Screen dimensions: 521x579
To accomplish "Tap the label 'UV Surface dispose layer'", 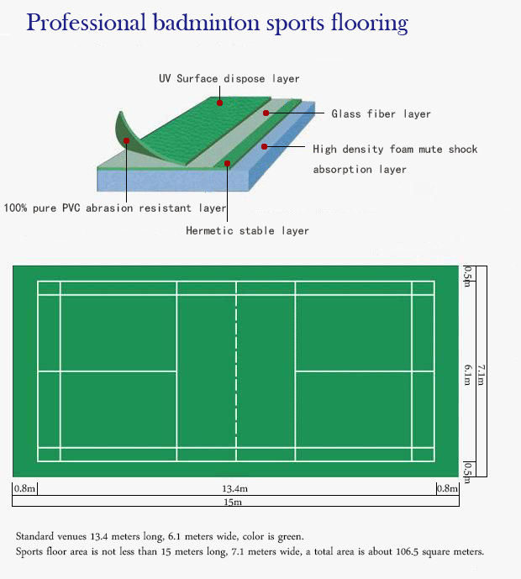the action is point(229,79).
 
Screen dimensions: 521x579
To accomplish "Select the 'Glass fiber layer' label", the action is point(381,113).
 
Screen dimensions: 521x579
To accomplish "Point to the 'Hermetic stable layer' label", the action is point(247,230).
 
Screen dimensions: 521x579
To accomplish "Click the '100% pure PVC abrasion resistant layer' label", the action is point(115,208).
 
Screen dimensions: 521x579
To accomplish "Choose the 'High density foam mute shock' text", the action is point(394,150).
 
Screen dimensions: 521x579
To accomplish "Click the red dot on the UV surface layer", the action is point(219,103).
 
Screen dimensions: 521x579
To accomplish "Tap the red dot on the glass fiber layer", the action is point(266,112).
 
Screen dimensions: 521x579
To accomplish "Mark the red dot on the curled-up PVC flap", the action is point(126,141).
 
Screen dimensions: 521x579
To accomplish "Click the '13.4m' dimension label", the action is point(234,488).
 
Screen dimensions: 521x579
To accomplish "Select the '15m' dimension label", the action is point(233,502).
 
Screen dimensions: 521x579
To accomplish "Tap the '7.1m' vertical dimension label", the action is point(480,375).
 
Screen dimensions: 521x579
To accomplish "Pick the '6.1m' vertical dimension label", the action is point(467,375).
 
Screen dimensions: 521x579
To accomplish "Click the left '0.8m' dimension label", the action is point(24,488).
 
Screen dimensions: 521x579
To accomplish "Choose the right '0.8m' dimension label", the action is point(446,488).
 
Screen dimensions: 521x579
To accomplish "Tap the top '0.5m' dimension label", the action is point(467,275).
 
